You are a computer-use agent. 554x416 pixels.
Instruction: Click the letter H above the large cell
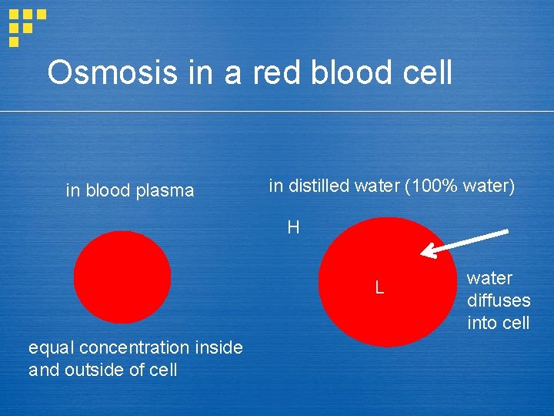(293, 227)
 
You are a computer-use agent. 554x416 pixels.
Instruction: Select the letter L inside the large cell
(379, 288)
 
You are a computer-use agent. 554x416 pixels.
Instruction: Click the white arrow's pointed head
(426, 251)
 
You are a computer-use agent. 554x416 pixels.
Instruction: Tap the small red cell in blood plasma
(122, 277)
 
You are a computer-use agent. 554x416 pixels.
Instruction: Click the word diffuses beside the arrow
(499, 300)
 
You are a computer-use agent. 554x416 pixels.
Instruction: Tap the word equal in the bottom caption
(51, 348)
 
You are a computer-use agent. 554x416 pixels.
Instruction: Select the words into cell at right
(498, 323)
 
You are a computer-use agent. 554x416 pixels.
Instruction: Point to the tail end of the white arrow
(506, 232)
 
